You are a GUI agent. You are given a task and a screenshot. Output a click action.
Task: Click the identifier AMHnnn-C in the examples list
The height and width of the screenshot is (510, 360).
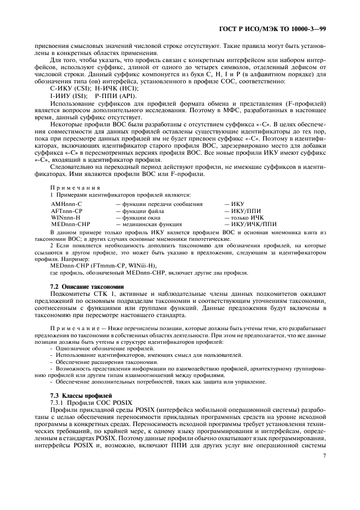point(66,203)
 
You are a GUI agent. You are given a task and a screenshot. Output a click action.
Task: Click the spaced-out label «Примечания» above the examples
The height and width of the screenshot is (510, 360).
point(72,187)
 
